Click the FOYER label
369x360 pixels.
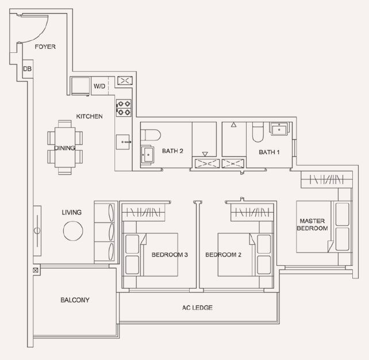(x=45, y=47)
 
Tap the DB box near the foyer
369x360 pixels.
(x=28, y=69)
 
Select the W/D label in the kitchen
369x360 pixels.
(x=99, y=86)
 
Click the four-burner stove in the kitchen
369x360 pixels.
(x=124, y=108)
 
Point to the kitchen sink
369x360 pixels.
(x=123, y=142)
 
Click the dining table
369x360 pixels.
(x=65, y=147)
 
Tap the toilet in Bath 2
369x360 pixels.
(x=151, y=135)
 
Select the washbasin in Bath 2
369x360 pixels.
(x=147, y=155)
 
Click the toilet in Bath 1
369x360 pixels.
(x=258, y=132)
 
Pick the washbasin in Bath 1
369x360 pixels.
(x=279, y=129)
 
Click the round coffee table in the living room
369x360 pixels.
(x=73, y=231)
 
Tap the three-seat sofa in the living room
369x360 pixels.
(x=104, y=231)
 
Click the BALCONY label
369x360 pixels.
(x=75, y=300)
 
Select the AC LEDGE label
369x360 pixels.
(x=197, y=308)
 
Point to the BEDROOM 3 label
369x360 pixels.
(x=170, y=255)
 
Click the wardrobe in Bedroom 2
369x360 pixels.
(x=252, y=213)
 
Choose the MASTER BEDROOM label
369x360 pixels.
(x=312, y=225)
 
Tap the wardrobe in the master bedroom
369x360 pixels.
(x=326, y=179)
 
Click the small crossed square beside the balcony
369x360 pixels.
(x=36, y=270)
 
